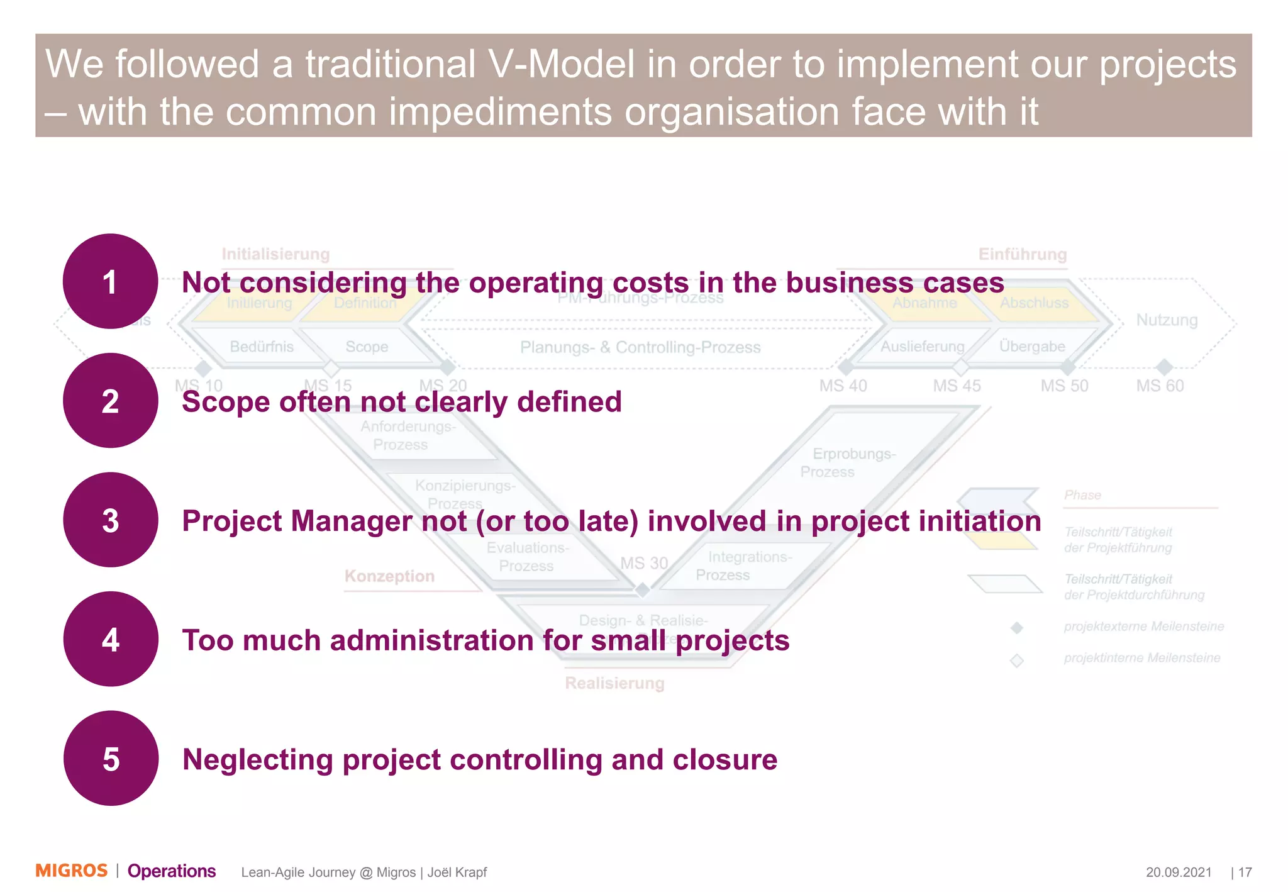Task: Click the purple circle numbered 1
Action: (x=110, y=281)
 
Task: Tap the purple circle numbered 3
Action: (x=110, y=520)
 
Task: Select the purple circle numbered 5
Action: (x=110, y=758)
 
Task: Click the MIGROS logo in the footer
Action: (x=72, y=871)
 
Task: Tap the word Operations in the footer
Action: (x=172, y=871)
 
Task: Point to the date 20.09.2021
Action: (x=1178, y=872)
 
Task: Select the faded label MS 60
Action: (x=1160, y=386)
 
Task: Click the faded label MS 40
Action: (x=843, y=386)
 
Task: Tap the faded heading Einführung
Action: (x=1023, y=254)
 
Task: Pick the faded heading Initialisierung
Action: (x=275, y=254)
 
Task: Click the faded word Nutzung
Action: (x=1167, y=320)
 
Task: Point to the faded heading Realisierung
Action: (x=614, y=683)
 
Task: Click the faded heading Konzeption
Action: (x=389, y=576)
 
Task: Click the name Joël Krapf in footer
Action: (x=457, y=872)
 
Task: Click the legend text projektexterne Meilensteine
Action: (x=1143, y=627)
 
